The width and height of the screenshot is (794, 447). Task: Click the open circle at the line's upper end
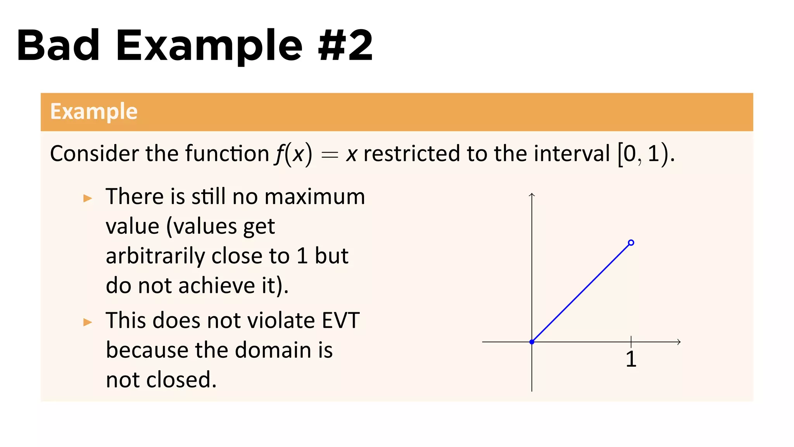pyautogui.click(x=631, y=243)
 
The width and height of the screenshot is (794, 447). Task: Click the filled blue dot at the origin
pyautogui.click(x=532, y=342)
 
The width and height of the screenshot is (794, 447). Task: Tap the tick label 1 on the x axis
pyautogui.click(x=631, y=359)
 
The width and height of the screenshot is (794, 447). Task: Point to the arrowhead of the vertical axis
pyautogui.click(x=532, y=195)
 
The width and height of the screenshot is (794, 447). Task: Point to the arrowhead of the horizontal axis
pyautogui.click(x=678, y=342)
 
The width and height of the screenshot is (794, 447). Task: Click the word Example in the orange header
pyautogui.click(x=94, y=112)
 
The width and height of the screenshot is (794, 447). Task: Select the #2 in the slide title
pyautogui.click(x=345, y=46)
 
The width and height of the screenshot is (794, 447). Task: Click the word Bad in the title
pyautogui.click(x=58, y=46)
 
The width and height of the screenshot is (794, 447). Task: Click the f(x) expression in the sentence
pyautogui.click(x=293, y=154)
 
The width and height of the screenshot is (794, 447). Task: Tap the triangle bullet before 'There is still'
pyautogui.click(x=88, y=199)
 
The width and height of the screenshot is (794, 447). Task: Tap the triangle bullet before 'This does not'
pyautogui.click(x=88, y=322)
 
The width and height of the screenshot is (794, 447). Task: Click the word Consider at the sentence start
pyautogui.click(x=94, y=154)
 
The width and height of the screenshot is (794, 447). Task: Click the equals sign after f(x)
pyautogui.click(x=330, y=155)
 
